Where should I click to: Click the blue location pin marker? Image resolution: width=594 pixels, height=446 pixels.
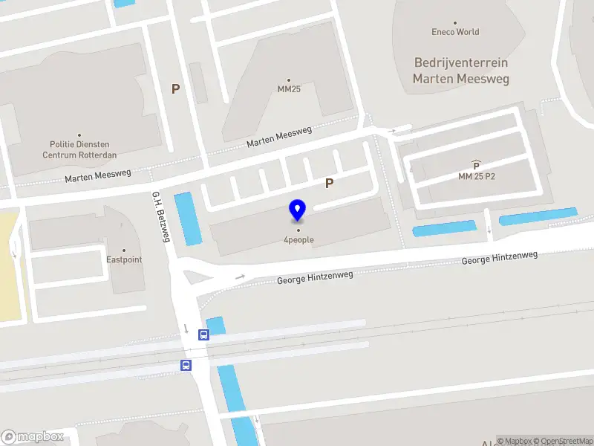(298, 210)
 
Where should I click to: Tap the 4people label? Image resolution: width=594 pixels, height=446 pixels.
(298, 239)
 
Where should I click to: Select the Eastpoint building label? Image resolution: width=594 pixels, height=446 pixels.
(124, 260)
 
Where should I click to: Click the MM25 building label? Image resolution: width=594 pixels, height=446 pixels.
(289, 89)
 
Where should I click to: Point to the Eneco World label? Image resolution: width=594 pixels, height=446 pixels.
(455, 32)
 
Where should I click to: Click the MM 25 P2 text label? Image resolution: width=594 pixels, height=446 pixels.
(476, 176)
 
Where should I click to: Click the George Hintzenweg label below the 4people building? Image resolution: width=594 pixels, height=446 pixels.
(315, 278)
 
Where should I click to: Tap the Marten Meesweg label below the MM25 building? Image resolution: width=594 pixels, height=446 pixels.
(279, 138)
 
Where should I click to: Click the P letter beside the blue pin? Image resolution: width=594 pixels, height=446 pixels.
(329, 183)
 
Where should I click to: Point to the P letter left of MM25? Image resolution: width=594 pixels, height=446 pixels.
(176, 89)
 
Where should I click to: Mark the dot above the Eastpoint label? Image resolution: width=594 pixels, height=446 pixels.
(124, 251)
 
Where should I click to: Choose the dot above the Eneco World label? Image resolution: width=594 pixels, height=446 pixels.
(455, 22)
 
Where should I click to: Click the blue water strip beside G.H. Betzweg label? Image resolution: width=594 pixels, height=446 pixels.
(187, 219)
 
